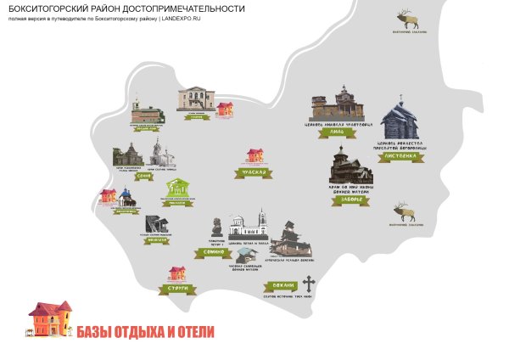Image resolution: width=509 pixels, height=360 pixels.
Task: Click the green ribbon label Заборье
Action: (x=345, y=200)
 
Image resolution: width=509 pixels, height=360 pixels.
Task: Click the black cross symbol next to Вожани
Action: (x=309, y=284)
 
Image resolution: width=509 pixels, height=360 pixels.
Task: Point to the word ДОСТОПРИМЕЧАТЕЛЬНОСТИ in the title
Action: (x=187, y=8)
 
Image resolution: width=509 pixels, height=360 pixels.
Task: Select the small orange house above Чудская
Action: (x=255, y=155)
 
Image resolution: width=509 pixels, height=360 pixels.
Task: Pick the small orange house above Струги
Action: (x=177, y=273)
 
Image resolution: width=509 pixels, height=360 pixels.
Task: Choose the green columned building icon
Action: (x=176, y=188)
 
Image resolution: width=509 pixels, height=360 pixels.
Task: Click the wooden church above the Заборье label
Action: (x=349, y=166)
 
